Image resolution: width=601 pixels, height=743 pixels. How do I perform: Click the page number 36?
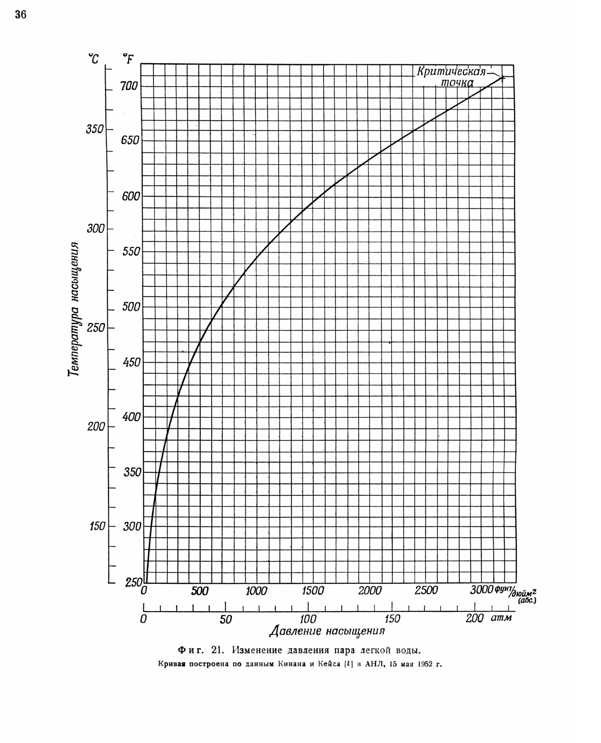[x=21, y=15]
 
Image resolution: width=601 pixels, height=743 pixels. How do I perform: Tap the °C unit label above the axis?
[x=93, y=59]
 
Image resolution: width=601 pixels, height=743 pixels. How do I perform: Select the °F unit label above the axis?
[x=128, y=59]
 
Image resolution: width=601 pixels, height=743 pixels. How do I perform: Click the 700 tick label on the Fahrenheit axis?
[x=129, y=86]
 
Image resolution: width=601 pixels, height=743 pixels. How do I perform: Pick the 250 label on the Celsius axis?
[x=96, y=328]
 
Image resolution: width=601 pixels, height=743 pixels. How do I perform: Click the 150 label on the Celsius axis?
[x=97, y=526]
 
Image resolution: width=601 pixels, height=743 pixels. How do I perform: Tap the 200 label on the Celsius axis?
[x=96, y=426]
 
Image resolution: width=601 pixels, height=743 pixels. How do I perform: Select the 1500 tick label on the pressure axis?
[x=313, y=591]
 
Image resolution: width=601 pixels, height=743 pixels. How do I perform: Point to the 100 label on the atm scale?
[x=308, y=619]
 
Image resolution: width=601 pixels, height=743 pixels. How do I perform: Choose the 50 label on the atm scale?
[x=225, y=619]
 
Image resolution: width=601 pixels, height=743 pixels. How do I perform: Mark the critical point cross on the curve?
[x=502, y=78]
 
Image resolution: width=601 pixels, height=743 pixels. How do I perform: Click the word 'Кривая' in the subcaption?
[x=172, y=664]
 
